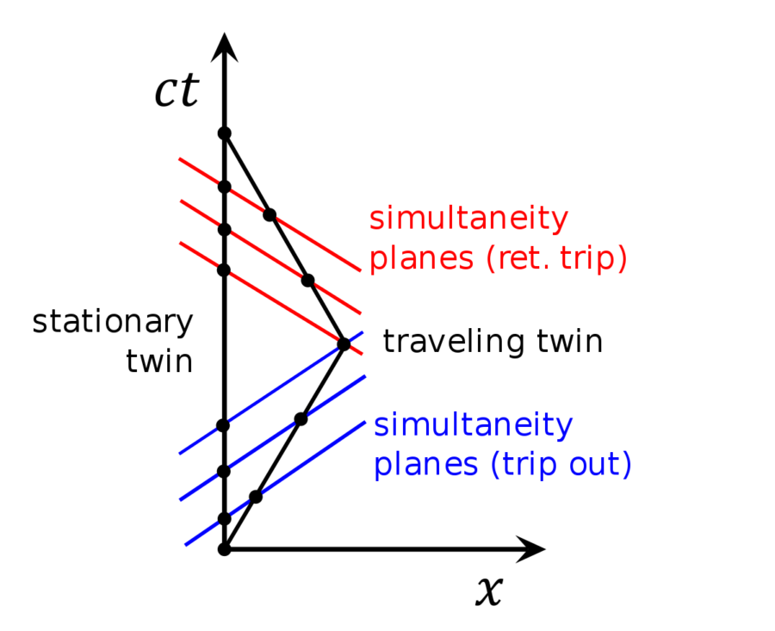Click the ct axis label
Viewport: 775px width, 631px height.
coord(177,90)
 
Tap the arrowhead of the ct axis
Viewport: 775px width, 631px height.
coord(225,47)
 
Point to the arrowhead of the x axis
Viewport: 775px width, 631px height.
coord(530,548)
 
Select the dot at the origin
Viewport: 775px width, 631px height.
coord(225,549)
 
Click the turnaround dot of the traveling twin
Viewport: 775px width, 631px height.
coord(344,344)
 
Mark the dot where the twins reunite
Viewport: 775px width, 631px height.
coord(225,133)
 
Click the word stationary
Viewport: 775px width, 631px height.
coord(113,322)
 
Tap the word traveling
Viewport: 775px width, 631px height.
coord(453,341)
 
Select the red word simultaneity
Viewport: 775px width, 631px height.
coord(469,219)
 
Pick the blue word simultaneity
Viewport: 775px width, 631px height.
coord(474,425)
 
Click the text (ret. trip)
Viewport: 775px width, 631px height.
coord(556,258)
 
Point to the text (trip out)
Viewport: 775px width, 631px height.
coord(561,465)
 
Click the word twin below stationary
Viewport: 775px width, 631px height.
coord(159,362)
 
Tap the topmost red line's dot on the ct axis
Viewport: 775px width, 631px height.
coord(225,187)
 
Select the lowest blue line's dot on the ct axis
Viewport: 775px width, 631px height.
coord(225,519)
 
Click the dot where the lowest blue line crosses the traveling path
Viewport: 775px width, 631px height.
coord(256,497)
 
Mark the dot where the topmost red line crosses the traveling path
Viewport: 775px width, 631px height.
coord(270,215)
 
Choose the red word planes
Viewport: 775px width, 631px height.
coord(422,258)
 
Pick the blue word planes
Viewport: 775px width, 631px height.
coord(426,465)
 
